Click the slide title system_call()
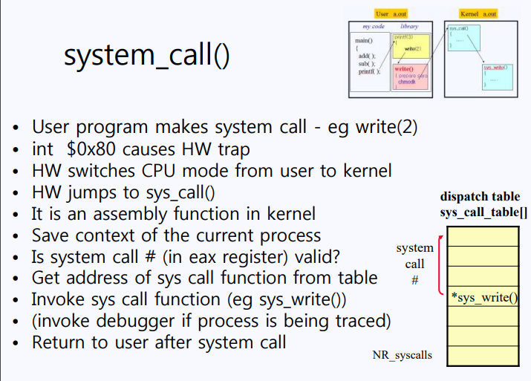(147, 56)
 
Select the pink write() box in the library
(409, 77)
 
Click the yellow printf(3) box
(411, 45)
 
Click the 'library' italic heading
(409, 26)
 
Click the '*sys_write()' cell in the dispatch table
(482, 298)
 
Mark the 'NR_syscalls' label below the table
(402, 355)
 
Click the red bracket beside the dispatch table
(441, 265)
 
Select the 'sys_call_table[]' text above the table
(483, 213)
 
